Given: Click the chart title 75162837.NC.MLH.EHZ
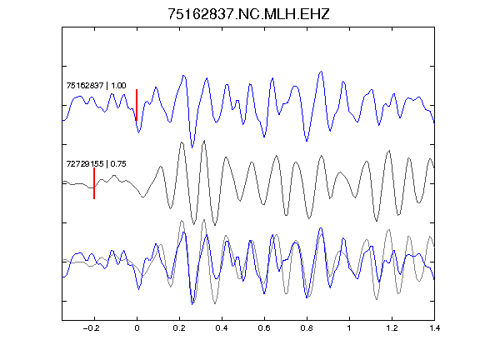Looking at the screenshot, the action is (x=248, y=14).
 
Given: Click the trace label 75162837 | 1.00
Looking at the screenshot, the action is (x=96, y=85).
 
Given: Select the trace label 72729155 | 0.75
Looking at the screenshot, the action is (x=96, y=164).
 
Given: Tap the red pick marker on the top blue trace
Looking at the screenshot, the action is (x=137, y=105).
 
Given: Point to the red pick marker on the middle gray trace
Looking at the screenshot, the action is (x=94, y=183).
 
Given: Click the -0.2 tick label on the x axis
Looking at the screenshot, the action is (x=92, y=328).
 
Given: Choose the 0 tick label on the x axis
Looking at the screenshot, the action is (x=137, y=328).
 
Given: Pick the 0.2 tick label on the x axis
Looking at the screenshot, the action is (x=179, y=328).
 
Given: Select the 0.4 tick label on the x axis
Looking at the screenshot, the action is (x=222, y=328).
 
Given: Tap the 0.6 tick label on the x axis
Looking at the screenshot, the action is (x=264, y=328).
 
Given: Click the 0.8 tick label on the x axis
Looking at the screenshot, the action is (x=307, y=328).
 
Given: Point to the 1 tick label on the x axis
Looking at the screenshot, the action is (x=349, y=328).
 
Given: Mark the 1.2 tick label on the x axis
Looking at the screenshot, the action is (x=392, y=328).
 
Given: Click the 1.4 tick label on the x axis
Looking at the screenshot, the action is (x=434, y=328).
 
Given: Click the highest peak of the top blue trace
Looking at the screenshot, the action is (x=321, y=72).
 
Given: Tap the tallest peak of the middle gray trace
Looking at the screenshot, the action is (x=204, y=141).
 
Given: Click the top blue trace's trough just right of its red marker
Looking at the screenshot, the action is (x=138, y=132).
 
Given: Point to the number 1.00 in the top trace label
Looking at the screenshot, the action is (x=118, y=85).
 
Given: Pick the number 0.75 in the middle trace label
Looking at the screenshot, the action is (x=118, y=164).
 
